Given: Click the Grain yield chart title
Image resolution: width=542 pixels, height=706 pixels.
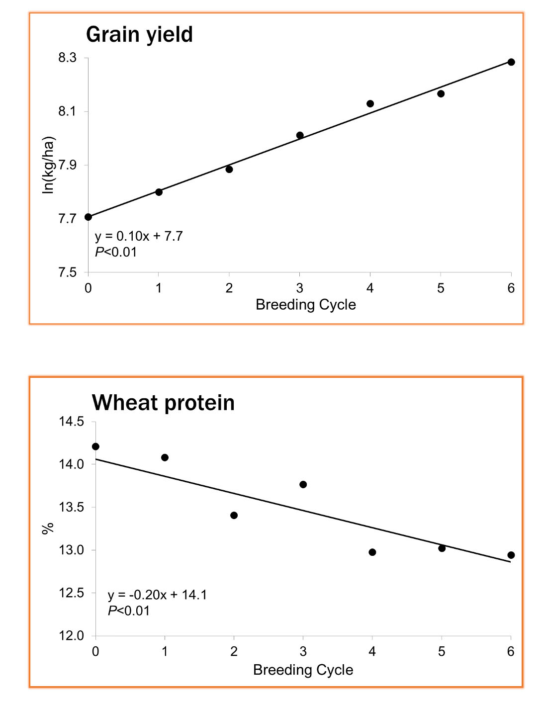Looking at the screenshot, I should (x=139, y=35).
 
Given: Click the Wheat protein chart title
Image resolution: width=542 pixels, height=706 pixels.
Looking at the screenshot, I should (x=163, y=403).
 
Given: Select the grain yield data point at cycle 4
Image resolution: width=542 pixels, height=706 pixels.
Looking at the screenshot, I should (x=370, y=103).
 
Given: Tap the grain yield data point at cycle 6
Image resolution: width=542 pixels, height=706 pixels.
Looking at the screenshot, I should (x=511, y=62).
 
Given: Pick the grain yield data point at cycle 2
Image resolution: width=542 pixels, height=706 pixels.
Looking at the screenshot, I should (x=229, y=169).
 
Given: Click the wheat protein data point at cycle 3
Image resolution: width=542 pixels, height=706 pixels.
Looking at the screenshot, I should (x=303, y=484).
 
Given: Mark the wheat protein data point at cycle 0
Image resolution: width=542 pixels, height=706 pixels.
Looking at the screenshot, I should (x=95, y=446).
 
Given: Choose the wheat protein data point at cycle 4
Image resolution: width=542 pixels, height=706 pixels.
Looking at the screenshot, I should (x=372, y=552).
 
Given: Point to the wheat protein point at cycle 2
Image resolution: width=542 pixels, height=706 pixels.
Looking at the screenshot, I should (x=234, y=515).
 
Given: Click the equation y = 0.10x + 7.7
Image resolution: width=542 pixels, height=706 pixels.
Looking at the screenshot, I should (x=139, y=236).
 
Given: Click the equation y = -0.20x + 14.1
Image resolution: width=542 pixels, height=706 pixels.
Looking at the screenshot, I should (x=157, y=595).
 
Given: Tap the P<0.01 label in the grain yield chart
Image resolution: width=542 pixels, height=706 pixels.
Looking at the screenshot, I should (x=116, y=252).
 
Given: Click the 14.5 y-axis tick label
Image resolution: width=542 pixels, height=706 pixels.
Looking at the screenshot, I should (x=72, y=422).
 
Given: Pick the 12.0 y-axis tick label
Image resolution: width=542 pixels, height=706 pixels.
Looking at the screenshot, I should (x=72, y=636).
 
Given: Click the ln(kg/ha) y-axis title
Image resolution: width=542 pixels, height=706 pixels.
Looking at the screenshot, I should (x=48, y=165).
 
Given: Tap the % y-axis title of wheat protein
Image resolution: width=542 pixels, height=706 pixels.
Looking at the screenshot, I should (x=48, y=529).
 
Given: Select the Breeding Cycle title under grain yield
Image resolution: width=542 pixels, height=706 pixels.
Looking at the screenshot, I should (x=305, y=305).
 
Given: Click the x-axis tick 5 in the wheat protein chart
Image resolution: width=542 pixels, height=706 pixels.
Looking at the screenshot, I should (x=442, y=652).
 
